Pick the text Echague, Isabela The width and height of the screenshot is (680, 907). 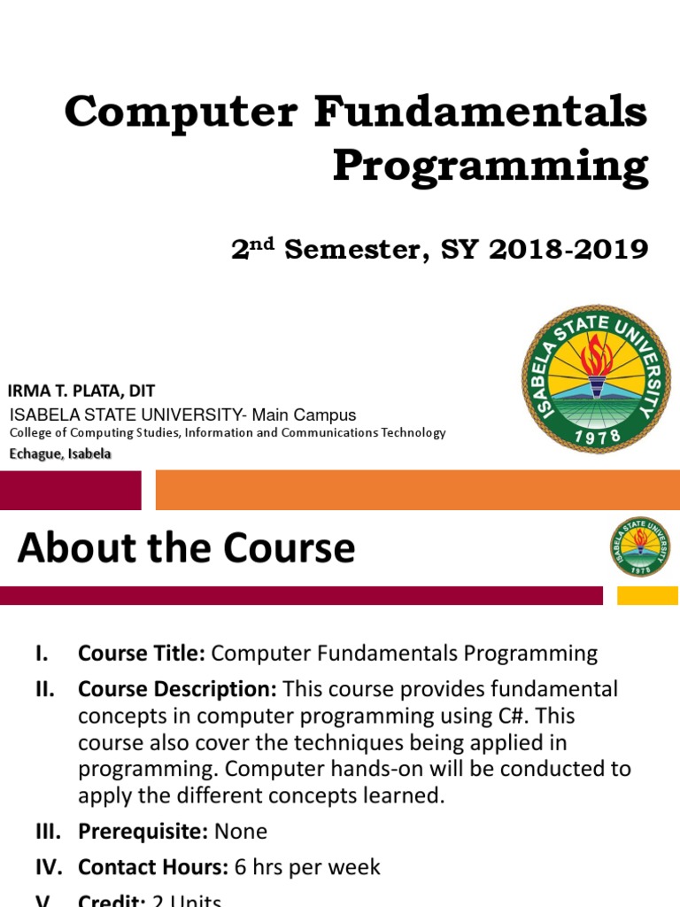point(60,453)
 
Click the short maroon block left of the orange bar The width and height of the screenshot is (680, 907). point(70,490)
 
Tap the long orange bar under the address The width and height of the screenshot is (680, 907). point(417,490)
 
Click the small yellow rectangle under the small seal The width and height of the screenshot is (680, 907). point(647,595)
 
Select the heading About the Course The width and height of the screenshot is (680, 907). point(186,548)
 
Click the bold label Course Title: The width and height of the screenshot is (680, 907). point(142,654)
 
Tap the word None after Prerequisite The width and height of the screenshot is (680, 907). point(240,832)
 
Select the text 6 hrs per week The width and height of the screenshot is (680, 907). point(307,867)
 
